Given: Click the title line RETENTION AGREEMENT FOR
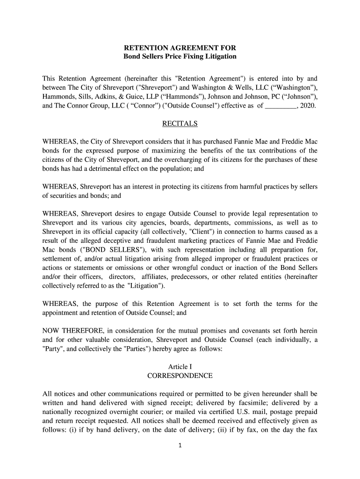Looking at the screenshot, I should pyautogui.click(x=180, y=48).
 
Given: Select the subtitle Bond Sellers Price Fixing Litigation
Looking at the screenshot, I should pyautogui.click(x=180, y=57).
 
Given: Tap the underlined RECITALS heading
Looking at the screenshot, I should pyautogui.click(x=180, y=124).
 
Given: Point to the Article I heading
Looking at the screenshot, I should pyautogui.click(x=180, y=367).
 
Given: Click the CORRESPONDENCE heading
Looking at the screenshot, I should pyautogui.click(x=180, y=376).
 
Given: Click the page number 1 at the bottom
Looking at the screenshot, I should pyautogui.click(x=180, y=458).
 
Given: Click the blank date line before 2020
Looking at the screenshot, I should pyautogui.click(x=280, y=106).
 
